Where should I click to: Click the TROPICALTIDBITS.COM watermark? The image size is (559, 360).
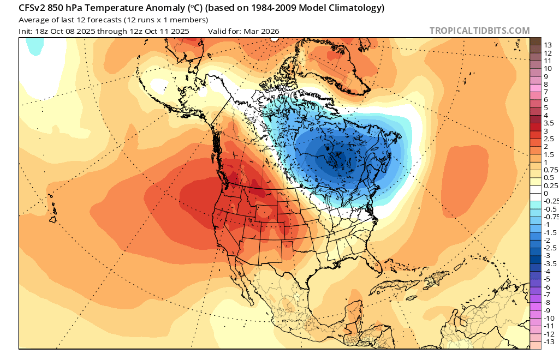[x=479, y=31]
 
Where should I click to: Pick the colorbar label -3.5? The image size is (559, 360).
[x=551, y=263]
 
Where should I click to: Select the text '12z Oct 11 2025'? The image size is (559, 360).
[x=162, y=31]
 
